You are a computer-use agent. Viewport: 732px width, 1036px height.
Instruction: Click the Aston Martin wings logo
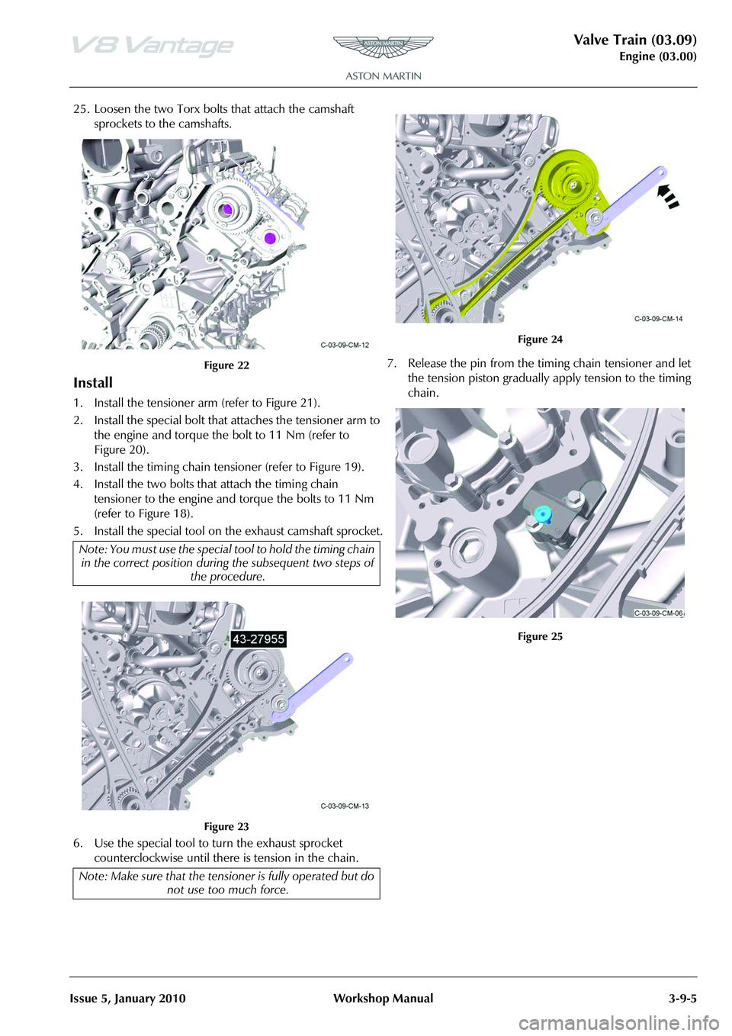click(x=383, y=47)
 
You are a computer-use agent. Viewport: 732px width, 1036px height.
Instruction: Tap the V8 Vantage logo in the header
click(x=152, y=46)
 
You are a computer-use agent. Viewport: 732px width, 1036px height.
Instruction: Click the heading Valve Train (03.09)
click(x=634, y=40)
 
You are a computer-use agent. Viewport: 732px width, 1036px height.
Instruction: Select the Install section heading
click(x=93, y=383)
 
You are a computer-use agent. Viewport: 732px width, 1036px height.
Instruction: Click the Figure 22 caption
click(x=226, y=365)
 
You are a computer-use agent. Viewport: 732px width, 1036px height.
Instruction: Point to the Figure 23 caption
click(x=226, y=827)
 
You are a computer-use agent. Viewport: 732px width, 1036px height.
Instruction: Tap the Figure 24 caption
click(x=540, y=339)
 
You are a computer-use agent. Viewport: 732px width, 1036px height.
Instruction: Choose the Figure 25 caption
click(x=540, y=637)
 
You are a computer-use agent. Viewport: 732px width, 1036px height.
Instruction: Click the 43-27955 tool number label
click(x=258, y=639)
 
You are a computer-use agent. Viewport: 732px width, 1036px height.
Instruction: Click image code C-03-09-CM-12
click(x=345, y=345)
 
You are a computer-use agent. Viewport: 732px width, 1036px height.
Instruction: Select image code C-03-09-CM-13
click(x=345, y=806)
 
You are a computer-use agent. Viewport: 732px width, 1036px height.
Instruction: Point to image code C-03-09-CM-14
click(x=658, y=319)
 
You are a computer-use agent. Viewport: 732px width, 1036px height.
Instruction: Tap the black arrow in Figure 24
click(x=667, y=195)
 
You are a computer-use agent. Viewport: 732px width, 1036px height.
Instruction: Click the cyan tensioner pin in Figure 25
click(x=542, y=513)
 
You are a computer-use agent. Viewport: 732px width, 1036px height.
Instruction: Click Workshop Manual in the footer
click(x=383, y=999)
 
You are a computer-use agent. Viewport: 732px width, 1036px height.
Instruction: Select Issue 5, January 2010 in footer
click(x=127, y=999)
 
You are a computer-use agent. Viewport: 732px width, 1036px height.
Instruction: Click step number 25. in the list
click(x=81, y=109)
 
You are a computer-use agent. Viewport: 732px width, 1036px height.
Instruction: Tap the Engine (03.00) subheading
click(x=657, y=56)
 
